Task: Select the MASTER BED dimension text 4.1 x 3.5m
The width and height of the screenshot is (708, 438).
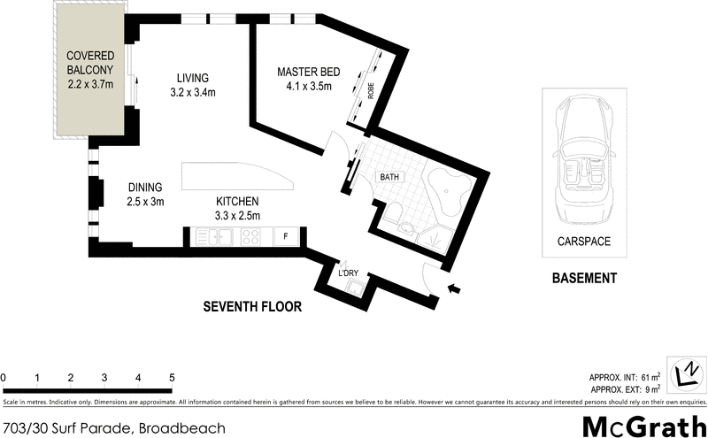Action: click(x=304, y=87)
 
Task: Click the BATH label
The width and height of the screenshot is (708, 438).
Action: click(x=390, y=177)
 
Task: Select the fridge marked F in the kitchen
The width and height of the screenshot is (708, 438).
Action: click(x=285, y=236)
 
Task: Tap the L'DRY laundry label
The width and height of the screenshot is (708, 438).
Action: click(x=348, y=273)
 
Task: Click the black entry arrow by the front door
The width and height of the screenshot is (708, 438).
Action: click(x=456, y=288)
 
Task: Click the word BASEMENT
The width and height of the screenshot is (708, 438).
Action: click(x=583, y=279)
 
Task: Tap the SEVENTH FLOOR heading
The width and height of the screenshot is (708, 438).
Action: click(x=252, y=307)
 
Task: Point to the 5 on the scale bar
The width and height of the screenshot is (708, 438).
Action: click(x=172, y=378)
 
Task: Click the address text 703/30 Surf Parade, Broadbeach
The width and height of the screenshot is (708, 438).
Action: click(x=113, y=428)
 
